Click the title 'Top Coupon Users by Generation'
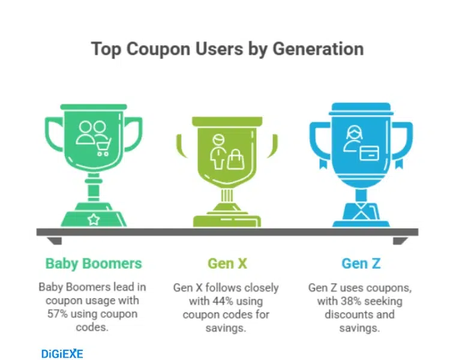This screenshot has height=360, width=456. tap(227, 48)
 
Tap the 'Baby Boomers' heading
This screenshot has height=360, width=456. tap(94, 263)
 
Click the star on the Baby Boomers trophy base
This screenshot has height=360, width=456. tap(94, 220)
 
